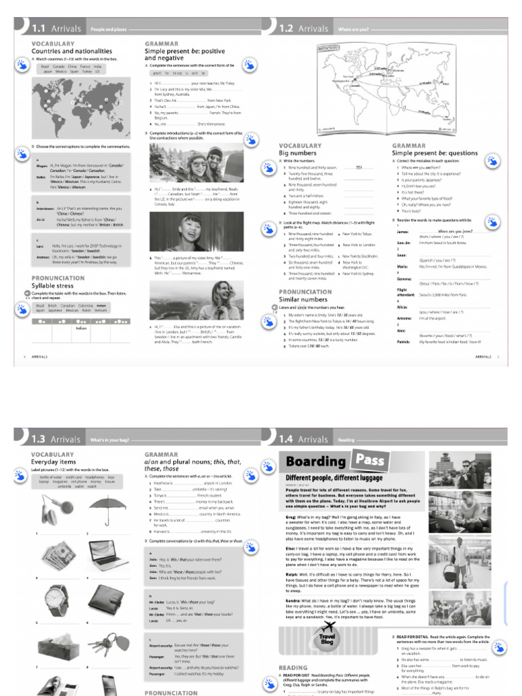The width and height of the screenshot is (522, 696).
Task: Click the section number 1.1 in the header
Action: [x=38, y=29]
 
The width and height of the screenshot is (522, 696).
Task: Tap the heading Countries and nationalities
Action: [x=71, y=51]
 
